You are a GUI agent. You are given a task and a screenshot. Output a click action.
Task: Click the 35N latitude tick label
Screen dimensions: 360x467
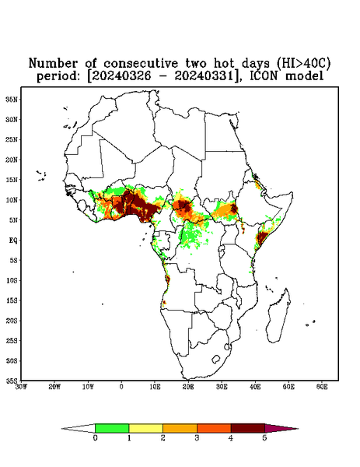pos(12,100)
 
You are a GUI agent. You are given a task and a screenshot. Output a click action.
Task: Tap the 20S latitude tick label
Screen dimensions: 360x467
pos(12,321)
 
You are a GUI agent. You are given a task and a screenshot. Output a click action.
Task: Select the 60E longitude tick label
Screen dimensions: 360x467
pos(322,387)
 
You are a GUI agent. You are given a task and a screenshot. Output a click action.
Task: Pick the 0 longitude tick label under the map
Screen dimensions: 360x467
pos(121,387)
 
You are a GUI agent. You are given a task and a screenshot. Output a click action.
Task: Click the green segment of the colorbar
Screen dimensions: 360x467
pos(112,428)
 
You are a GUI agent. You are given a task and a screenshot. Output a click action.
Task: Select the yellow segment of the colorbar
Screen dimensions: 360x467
pos(145,428)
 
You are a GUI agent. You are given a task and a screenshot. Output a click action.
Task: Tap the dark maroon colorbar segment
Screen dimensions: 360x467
pos(248,428)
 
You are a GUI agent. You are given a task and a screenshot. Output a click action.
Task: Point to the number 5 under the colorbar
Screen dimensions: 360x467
pos(264,438)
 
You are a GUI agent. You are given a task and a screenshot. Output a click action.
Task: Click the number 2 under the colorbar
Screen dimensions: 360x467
pos(163,438)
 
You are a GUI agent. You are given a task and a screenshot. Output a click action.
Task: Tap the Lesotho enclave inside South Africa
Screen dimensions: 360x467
pos(215,359)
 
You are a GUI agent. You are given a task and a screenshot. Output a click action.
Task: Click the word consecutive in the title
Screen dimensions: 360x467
pos(141,64)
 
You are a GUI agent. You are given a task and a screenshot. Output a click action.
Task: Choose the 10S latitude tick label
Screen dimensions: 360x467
pos(12,280)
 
